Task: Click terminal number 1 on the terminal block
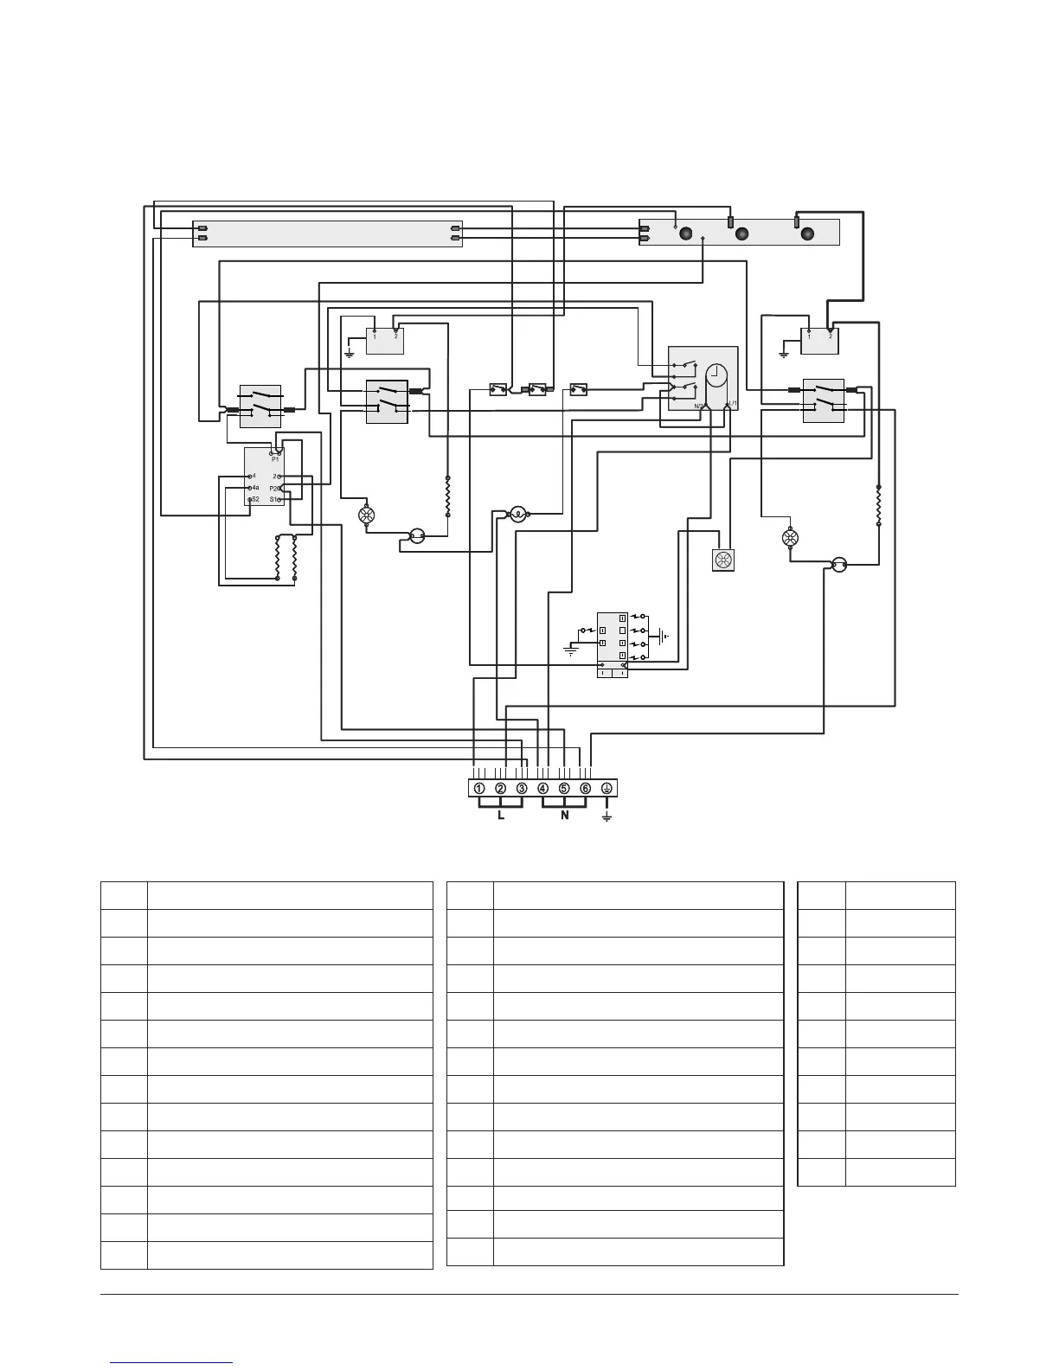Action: tap(478, 788)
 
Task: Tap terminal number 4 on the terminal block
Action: tap(542, 788)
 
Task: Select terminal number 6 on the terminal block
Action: tap(586, 788)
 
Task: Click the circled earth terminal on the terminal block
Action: tap(607, 788)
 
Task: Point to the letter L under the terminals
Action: tap(501, 816)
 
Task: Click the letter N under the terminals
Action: tap(564, 816)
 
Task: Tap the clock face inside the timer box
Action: tap(716, 376)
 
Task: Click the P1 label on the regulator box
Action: tap(275, 459)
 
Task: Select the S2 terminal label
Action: tap(256, 499)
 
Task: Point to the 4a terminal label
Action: tap(256, 488)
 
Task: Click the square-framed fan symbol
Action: tap(722, 560)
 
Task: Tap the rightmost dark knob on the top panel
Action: tap(808, 234)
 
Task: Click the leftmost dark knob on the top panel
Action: tap(686, 234)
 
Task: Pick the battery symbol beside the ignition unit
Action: tap(662, 637)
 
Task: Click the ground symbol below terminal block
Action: tap(607, 816)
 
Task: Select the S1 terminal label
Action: tap(273, 499)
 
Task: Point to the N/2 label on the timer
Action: tap(699, 405)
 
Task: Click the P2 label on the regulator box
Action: tap(274, 488)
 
